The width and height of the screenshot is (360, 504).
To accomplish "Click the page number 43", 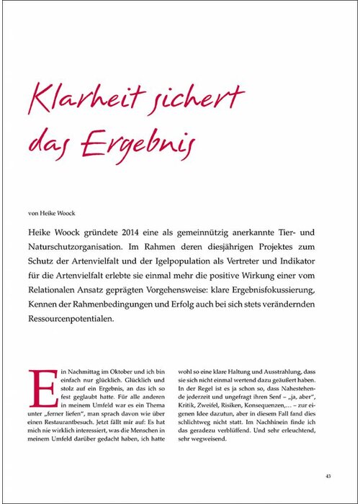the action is click(328, 476).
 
